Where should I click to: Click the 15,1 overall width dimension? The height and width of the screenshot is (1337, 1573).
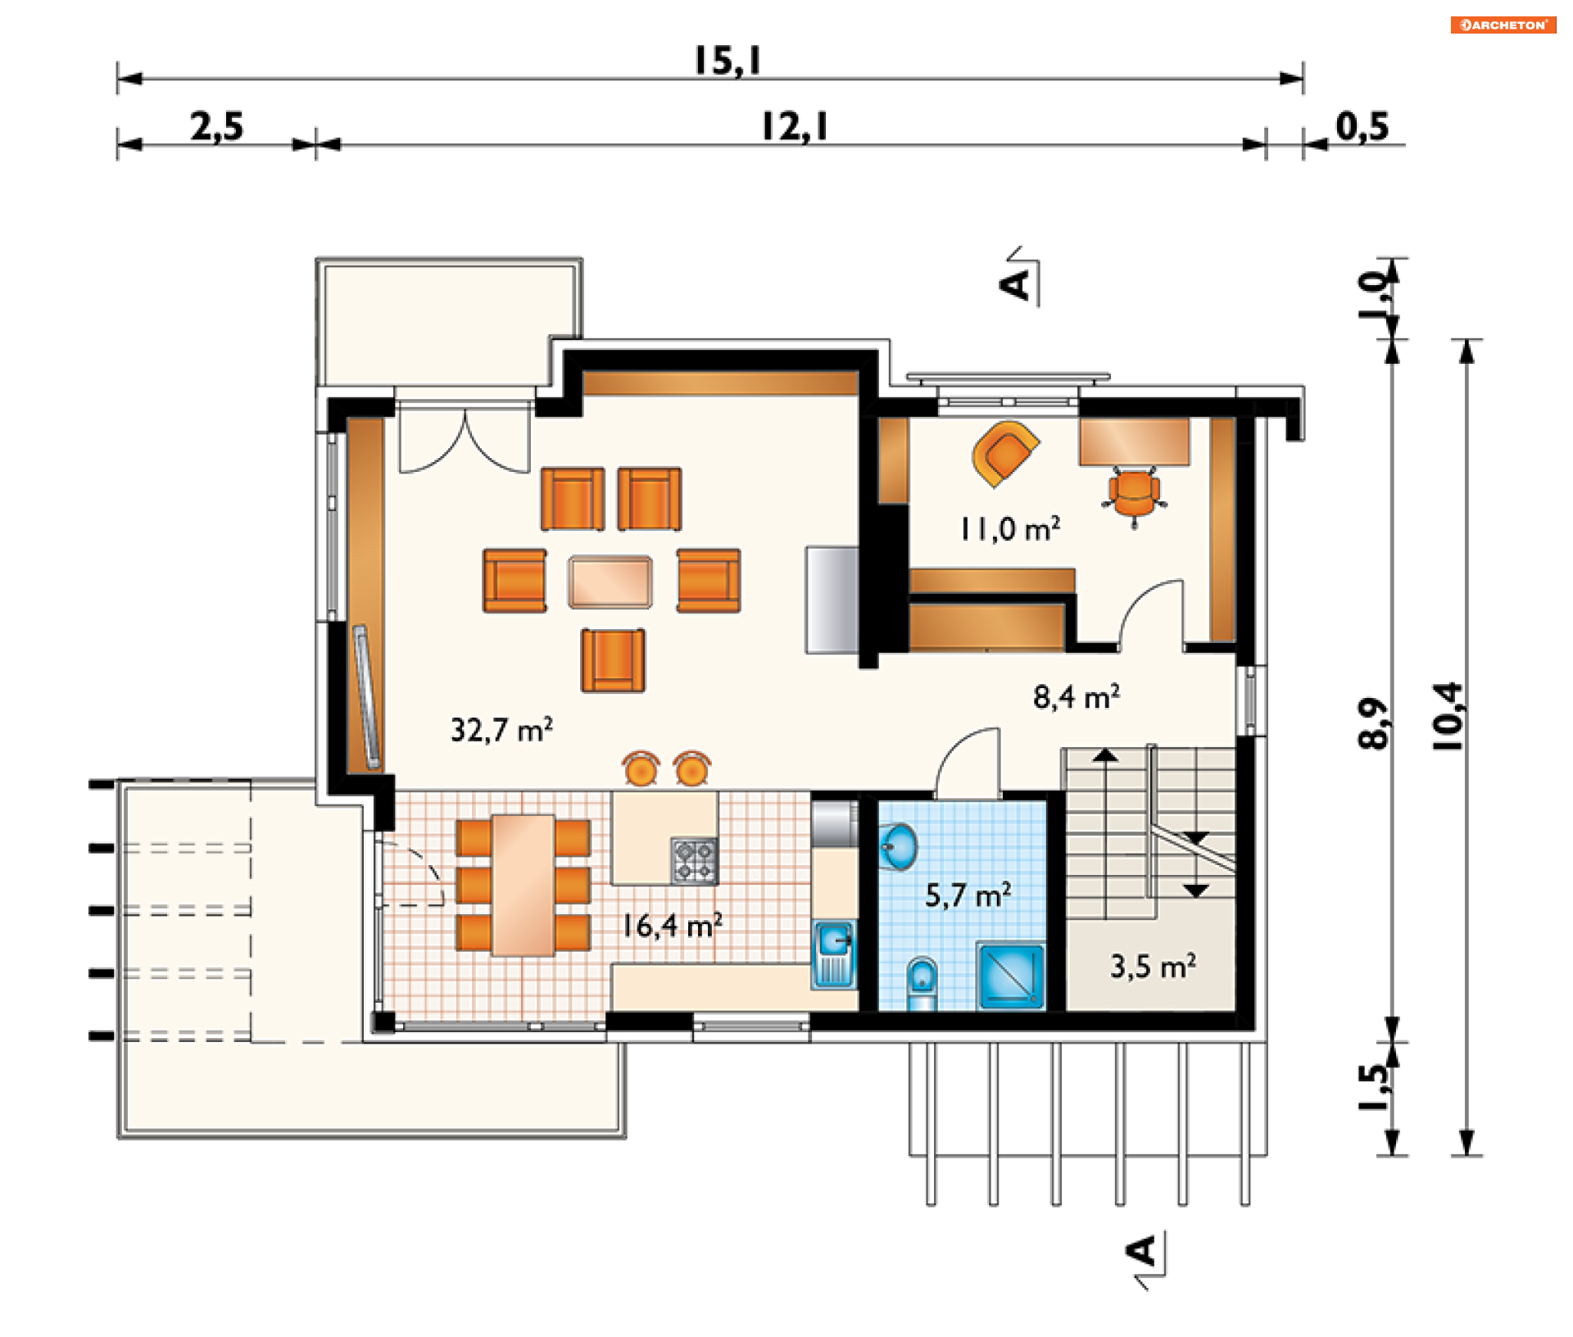coord(728,61)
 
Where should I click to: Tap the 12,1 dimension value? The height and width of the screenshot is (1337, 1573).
coord(795,127)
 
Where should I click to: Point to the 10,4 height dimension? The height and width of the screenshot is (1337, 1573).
coord(1447,717)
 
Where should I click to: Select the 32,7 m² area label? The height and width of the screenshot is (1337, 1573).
coord(501,729)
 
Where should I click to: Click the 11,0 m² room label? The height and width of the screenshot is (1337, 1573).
coord(1010,528)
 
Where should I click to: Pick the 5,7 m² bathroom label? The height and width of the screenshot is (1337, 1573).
coord(968,895)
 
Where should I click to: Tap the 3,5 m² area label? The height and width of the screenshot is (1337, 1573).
coord(1153,966)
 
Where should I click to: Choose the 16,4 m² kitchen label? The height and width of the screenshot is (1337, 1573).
coord(672,926)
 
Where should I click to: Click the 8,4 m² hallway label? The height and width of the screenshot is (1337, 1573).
coord(1077,696)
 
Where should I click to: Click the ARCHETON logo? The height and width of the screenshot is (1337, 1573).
coord(1503,25)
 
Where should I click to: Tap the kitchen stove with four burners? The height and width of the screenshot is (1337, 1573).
coord(694,860)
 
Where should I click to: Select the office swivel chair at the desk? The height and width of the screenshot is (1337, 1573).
coord(1135,494)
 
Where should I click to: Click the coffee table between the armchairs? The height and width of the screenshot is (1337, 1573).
coord(610,582)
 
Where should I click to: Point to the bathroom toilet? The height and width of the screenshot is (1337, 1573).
coord(922,982)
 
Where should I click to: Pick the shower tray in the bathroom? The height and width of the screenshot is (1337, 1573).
coord(1010,976)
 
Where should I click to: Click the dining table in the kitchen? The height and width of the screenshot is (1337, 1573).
coord(523,885)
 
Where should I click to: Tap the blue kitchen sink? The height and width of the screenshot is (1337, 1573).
coord(834,953)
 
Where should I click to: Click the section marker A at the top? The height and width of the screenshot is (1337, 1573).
coord(1016,284)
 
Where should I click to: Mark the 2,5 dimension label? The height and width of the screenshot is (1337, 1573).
coord(217,127)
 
